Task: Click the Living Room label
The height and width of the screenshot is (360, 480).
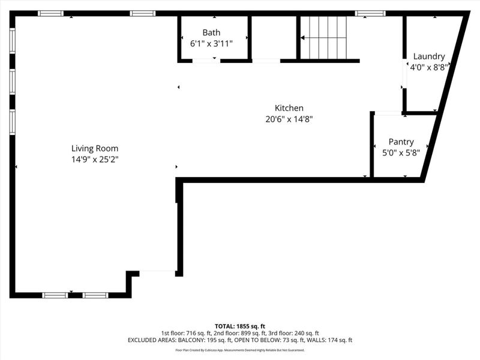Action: click(95, 148)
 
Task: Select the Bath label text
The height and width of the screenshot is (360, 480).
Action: click(211, 32)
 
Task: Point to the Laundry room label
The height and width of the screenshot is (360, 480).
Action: click(428, 56)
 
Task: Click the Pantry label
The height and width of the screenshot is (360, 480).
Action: click(401, 142)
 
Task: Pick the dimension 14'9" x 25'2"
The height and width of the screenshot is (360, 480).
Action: click(95, 160)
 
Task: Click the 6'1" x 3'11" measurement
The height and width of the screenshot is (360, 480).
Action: click(211, 43)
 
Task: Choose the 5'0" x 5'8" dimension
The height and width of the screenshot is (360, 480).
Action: click(401, 152)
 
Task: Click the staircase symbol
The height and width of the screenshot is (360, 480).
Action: click(324, 37)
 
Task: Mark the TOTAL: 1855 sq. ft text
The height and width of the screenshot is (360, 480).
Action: click(240, 326)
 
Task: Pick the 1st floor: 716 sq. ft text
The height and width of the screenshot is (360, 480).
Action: click(182, 333)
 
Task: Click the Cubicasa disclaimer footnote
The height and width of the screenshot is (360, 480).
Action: click(240, 350)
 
